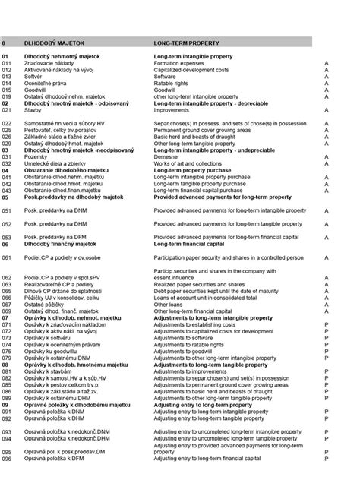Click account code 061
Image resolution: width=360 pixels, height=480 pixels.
[x=7, y=257]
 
